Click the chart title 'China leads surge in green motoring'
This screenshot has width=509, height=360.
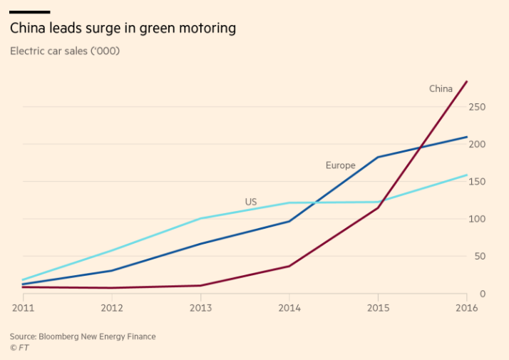(x=123, y=29)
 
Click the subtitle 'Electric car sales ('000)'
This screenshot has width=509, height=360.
(x=65, y=51)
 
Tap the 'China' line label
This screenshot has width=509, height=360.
(x=441, y=89)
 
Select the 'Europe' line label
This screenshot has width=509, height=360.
(x=340, y=165)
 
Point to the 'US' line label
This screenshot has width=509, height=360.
(x=251, y=202)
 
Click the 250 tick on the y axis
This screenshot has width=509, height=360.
(x=477, y=107)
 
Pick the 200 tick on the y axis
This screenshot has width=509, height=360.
(x=477, y=144)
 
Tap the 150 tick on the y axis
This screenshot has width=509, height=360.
(x=477, y=182)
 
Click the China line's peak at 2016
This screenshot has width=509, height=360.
(x=467, y=81)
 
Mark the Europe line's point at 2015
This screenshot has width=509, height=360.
(x=378, y=157)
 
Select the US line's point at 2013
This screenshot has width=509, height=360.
(x=200, y=218)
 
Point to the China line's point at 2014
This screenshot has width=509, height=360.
(x=289, y=266)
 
